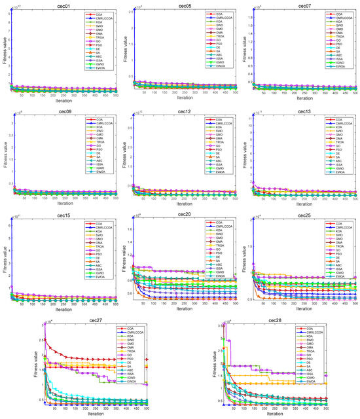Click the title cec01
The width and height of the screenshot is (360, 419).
(x=63, y=4)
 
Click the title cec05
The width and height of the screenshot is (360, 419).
(x=185, y=4)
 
